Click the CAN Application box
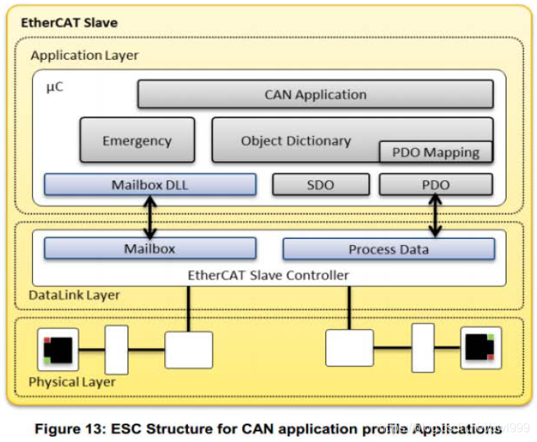(315, 95)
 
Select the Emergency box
(137, 140)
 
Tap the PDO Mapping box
(435, 152)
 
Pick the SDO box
(321, 185)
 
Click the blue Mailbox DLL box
(150, 185)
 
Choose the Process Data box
(388, 249)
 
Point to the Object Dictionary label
(296, 140)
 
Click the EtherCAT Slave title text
(69, 22)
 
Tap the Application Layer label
(85, 56)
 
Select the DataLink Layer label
(74, 295)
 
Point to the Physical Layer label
(72, 381)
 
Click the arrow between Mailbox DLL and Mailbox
(150, 217)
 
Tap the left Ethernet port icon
(58, 350)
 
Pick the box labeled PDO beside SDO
(435, 185)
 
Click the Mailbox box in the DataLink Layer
(150, 249)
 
